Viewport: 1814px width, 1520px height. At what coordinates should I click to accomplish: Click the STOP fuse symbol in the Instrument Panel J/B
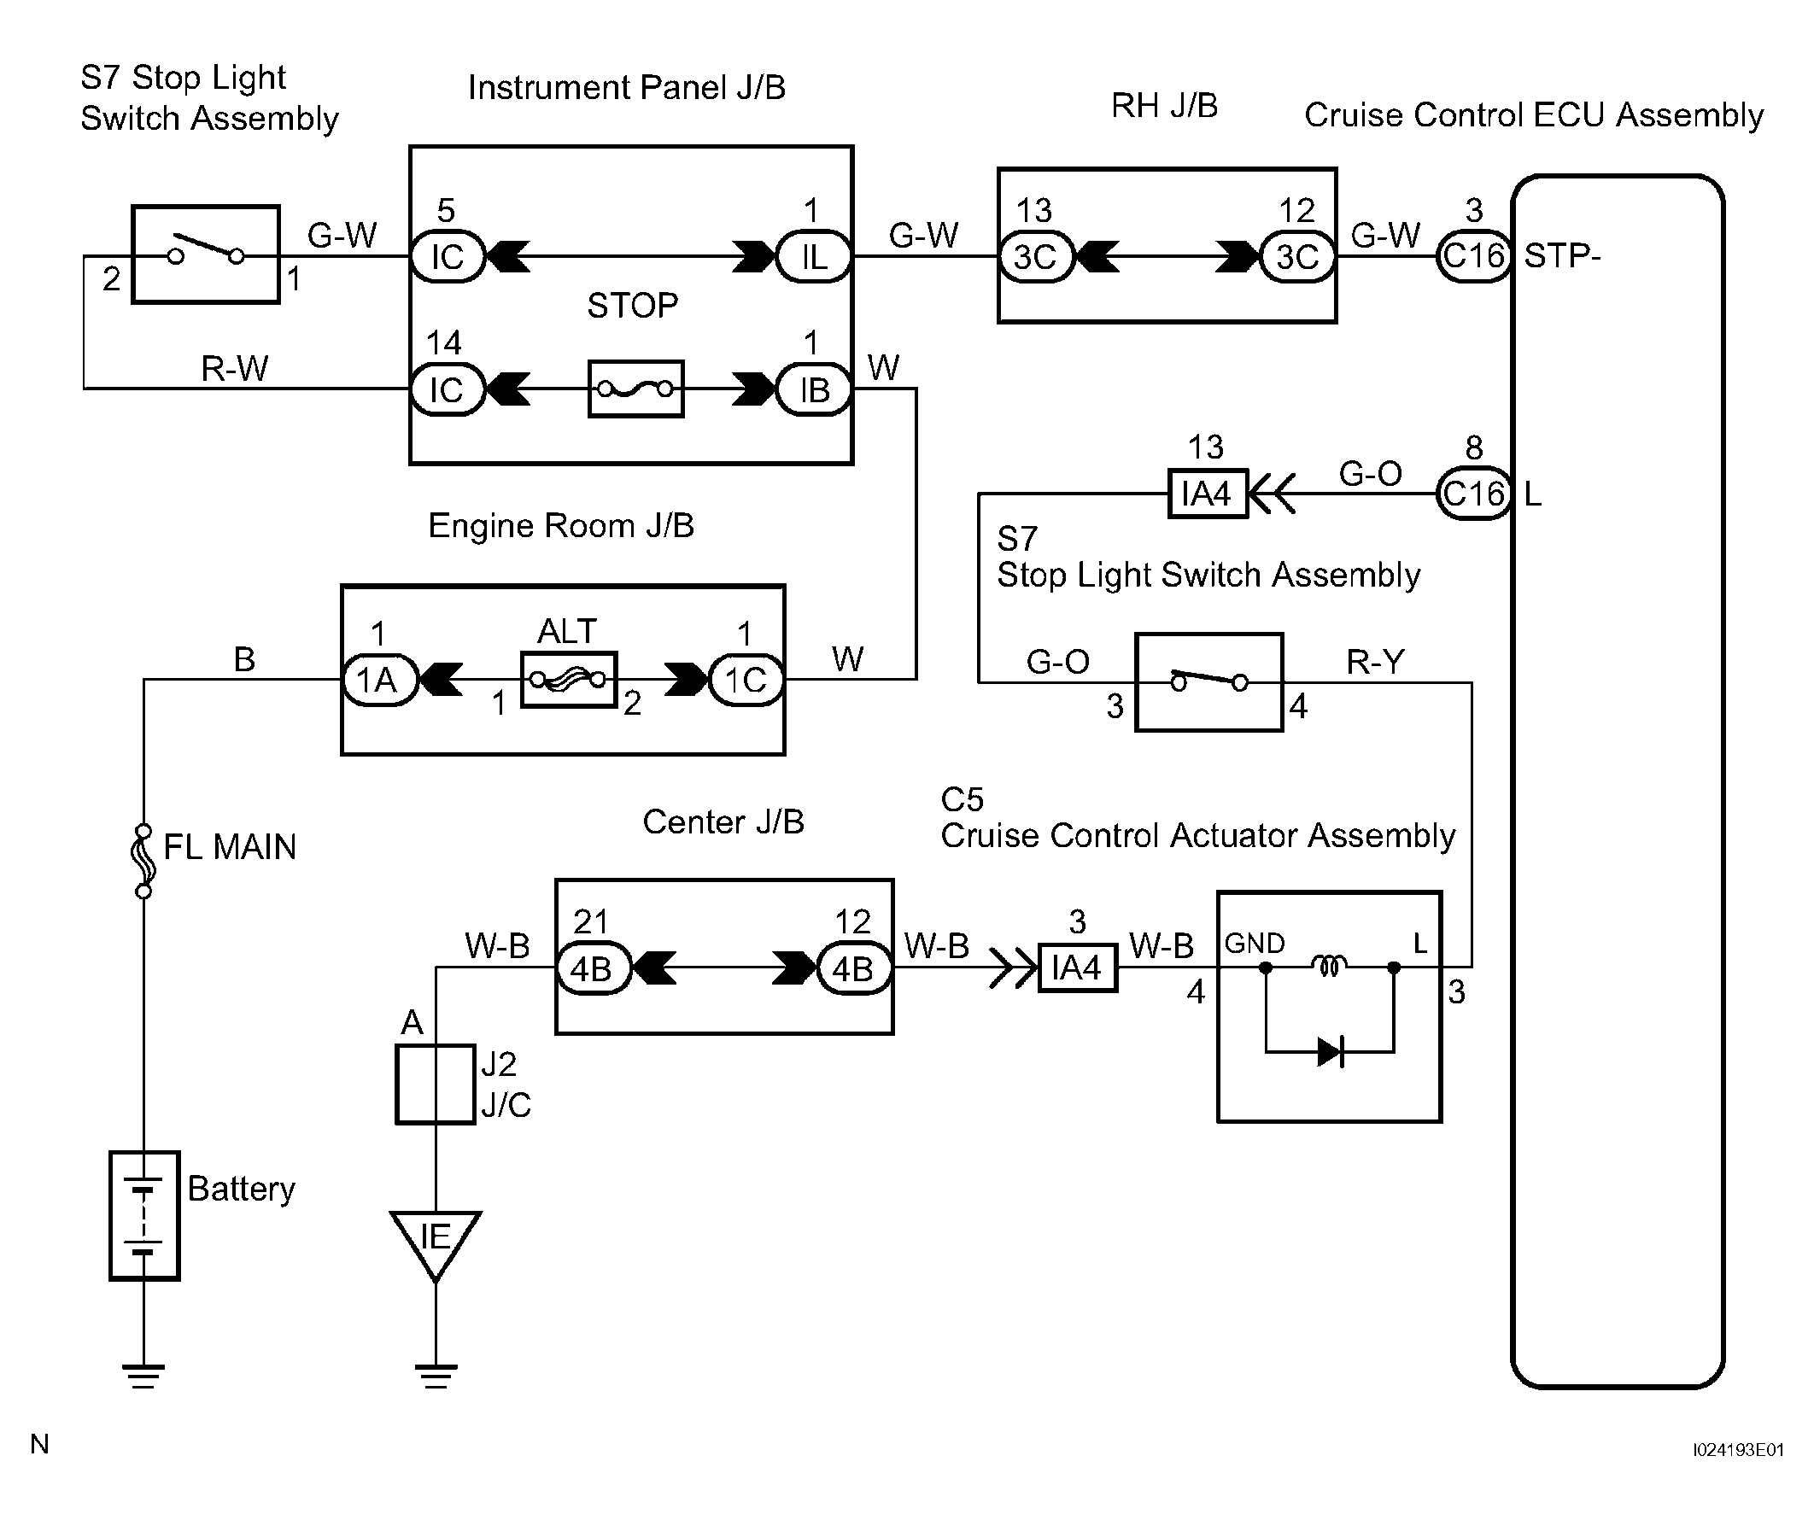tap(635, 389)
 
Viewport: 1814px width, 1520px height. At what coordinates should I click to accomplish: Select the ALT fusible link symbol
tap(569, 680)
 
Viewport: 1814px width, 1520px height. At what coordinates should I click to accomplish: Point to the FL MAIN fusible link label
tap(230, 846)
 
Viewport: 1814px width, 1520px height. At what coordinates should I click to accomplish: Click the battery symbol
tap(144, 1215)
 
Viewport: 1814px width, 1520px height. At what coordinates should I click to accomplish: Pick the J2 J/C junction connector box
tap(436, 1084)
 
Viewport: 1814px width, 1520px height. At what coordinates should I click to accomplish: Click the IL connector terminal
tap(814, 256)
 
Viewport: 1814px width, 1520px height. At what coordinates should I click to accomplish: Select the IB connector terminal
tap(814, 389)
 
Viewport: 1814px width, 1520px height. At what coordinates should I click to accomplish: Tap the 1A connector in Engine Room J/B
tap(379, 680)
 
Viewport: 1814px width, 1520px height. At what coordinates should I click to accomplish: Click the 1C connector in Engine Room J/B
tap(746, 680)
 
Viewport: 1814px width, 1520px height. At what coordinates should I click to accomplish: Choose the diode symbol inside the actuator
tap(1331, 1052)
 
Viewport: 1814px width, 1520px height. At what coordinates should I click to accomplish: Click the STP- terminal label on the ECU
tap(1562, 255)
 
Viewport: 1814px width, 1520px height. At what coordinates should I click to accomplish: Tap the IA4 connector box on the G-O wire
tap(1208, 494)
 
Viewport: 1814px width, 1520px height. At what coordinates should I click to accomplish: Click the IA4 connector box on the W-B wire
tap(1077, 968)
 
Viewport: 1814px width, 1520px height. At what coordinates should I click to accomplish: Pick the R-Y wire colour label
tap(1375, 662)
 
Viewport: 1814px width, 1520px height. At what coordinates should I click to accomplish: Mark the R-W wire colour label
tap(234, 369)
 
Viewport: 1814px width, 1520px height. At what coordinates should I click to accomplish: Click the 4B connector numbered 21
tap(592, 968)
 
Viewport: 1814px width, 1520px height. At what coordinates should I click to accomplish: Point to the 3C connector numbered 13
tap(1036, 256)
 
